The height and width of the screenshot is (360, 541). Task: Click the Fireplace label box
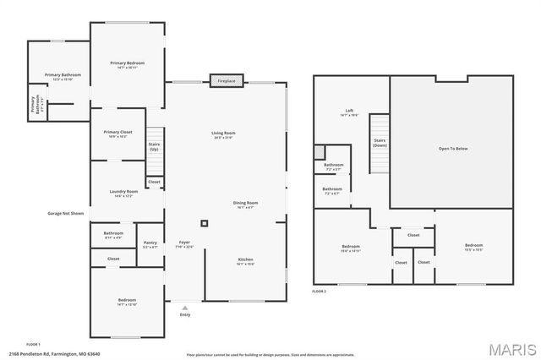click(x=227, y=81)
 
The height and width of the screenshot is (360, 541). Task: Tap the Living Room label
click(x=223, y=134)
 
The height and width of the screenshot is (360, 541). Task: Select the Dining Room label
click(x=245, y=205)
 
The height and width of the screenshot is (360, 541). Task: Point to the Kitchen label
click(x=245, y=260)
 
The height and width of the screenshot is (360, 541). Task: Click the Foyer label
click(x=183, y=244)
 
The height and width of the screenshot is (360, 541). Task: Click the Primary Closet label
click(x=117, y=134)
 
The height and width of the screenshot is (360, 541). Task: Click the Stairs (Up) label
click(x=155, y=145)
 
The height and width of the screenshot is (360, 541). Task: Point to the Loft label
click(x=349, y=112)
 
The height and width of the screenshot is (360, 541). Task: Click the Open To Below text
click(x=452, y=149)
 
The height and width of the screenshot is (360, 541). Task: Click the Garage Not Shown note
click(x=65, y=214)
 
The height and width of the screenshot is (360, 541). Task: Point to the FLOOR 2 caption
click(x=319, y=291)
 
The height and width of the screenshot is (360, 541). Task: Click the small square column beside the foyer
click(x=203, y=224)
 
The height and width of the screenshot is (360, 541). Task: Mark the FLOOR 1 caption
click(x=33, y=344)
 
